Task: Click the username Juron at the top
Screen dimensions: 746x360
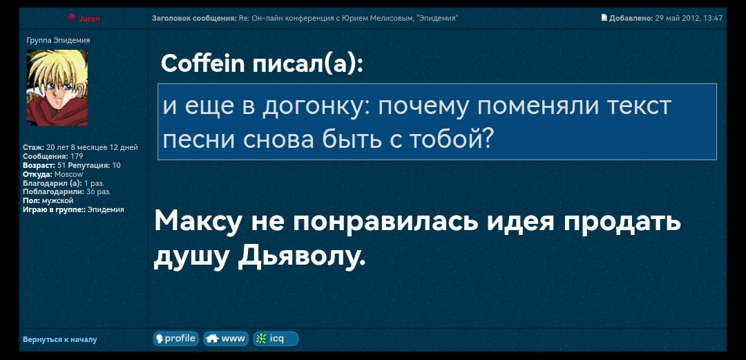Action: [89, 19]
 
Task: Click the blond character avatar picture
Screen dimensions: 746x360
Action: [57, 88]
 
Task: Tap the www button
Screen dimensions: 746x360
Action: [226, 339]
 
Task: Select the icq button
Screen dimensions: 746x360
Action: [276, 339]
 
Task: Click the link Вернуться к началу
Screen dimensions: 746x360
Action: [60, 339]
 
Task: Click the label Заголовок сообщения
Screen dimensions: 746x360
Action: [194, 18]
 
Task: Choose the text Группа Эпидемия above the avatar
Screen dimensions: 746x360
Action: [58, 40]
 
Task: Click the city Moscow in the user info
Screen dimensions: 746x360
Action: [68, 174]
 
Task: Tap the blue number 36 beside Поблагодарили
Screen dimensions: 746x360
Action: [90, 191]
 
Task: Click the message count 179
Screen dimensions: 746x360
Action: [77, 157]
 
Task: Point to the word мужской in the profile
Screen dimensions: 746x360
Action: [57, 200]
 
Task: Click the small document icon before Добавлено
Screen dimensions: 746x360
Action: [604, 18]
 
